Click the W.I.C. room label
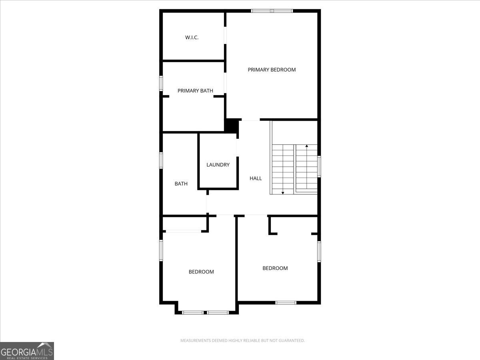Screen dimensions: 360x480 pos(192,38)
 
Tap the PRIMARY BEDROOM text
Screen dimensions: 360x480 pos(272,70)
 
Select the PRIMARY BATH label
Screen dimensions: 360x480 pos(195,91)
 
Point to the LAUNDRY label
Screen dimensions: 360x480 pos(218,165)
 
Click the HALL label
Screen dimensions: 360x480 pos(256,178)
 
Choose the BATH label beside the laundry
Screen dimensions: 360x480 pos(181,184)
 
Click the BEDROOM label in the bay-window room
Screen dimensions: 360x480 pos(201,272)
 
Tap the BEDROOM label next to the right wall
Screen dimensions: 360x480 pos(275,268)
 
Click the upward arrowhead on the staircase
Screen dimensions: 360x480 pos(307,146)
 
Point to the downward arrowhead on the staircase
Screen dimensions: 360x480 pos(283,193)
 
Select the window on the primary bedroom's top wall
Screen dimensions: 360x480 pos(272,11)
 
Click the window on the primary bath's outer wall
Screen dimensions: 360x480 pos(161,83)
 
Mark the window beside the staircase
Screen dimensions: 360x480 pos(319,166)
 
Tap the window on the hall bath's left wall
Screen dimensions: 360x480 pos(161,160)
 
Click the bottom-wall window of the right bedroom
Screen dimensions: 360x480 pos(286,302)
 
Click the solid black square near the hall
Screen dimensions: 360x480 pos(231,126)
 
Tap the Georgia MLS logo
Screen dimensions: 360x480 pos(27,351)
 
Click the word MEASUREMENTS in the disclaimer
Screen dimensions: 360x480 pos(195,341)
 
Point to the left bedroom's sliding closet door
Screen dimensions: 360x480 pos(184,231)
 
